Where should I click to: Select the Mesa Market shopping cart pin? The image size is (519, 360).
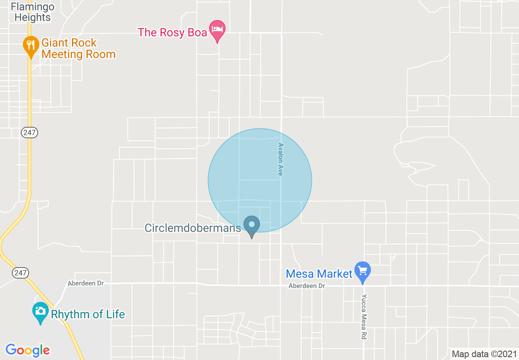tap(362, 271)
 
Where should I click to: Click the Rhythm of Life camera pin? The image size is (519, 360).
tap(40, 312)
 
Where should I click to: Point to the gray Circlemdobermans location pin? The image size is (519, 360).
tap(252, 225)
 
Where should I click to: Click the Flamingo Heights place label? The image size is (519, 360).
tap(32, 12)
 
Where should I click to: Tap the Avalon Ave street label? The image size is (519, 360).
tap(280, 160)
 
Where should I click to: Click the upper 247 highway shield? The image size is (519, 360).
tap(29, 132)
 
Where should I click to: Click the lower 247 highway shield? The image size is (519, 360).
tap(20, 272)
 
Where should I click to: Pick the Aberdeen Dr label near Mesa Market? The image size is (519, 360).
tap(307, 286)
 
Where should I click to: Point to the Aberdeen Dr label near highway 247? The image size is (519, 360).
tap(86, 283)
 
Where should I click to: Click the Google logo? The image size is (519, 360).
tap(27, 350)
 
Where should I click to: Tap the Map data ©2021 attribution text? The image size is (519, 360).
tap(484, 354)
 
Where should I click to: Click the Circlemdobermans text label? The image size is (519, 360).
tap(193, 228)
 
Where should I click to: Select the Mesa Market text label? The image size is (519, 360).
tap(319, 273)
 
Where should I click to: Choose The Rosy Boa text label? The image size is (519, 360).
tap(172, 32)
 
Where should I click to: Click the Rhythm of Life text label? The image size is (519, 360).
tap(88, 314)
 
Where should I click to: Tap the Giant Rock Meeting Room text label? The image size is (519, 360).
tap(78, 48)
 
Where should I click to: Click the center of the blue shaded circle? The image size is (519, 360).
tap(260, 180)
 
